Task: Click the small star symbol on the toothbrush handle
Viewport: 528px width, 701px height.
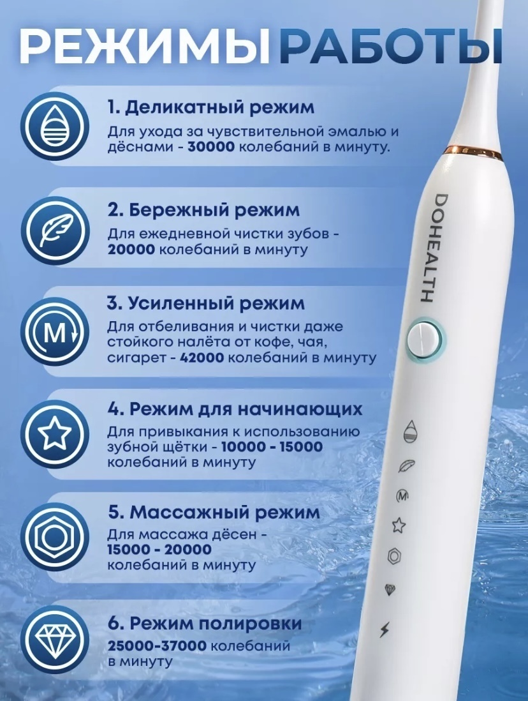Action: (x=399, y=525)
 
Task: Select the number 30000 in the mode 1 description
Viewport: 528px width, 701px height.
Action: (x=211, y=147)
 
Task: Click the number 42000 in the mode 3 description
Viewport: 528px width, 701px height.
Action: (x=203, y=358)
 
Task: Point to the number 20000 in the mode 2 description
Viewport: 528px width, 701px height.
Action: (x=131, y=249)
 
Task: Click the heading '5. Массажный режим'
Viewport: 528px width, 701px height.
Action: (x=214, y=513)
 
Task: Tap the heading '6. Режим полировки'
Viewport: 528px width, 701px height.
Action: (x=205, y=624)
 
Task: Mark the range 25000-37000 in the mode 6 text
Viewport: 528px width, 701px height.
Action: (x=157, y=646)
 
